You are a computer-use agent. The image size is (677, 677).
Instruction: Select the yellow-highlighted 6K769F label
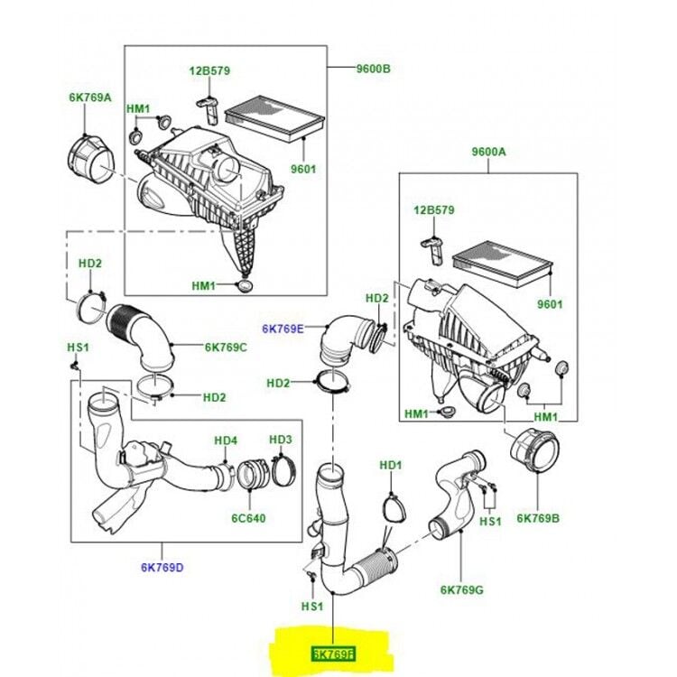coord(334,652)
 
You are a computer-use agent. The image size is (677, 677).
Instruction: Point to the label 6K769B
coord(538,518)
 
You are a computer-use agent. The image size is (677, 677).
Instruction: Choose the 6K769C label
coord(225,347)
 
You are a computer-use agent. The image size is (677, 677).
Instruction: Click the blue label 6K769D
coord(162,567)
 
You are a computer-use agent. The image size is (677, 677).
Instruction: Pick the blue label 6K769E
coord(283,329)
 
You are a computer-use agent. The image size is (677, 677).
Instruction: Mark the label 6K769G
coord(461,589)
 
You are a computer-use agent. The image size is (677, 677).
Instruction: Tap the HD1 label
coord(390,465)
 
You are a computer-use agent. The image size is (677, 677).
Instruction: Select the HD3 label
coord(281,440)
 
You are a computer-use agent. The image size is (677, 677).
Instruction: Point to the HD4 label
coord(225,441)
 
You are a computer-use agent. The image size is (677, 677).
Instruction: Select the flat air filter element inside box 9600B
coord(274,120)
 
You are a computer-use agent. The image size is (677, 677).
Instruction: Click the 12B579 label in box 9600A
coord(433,211)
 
